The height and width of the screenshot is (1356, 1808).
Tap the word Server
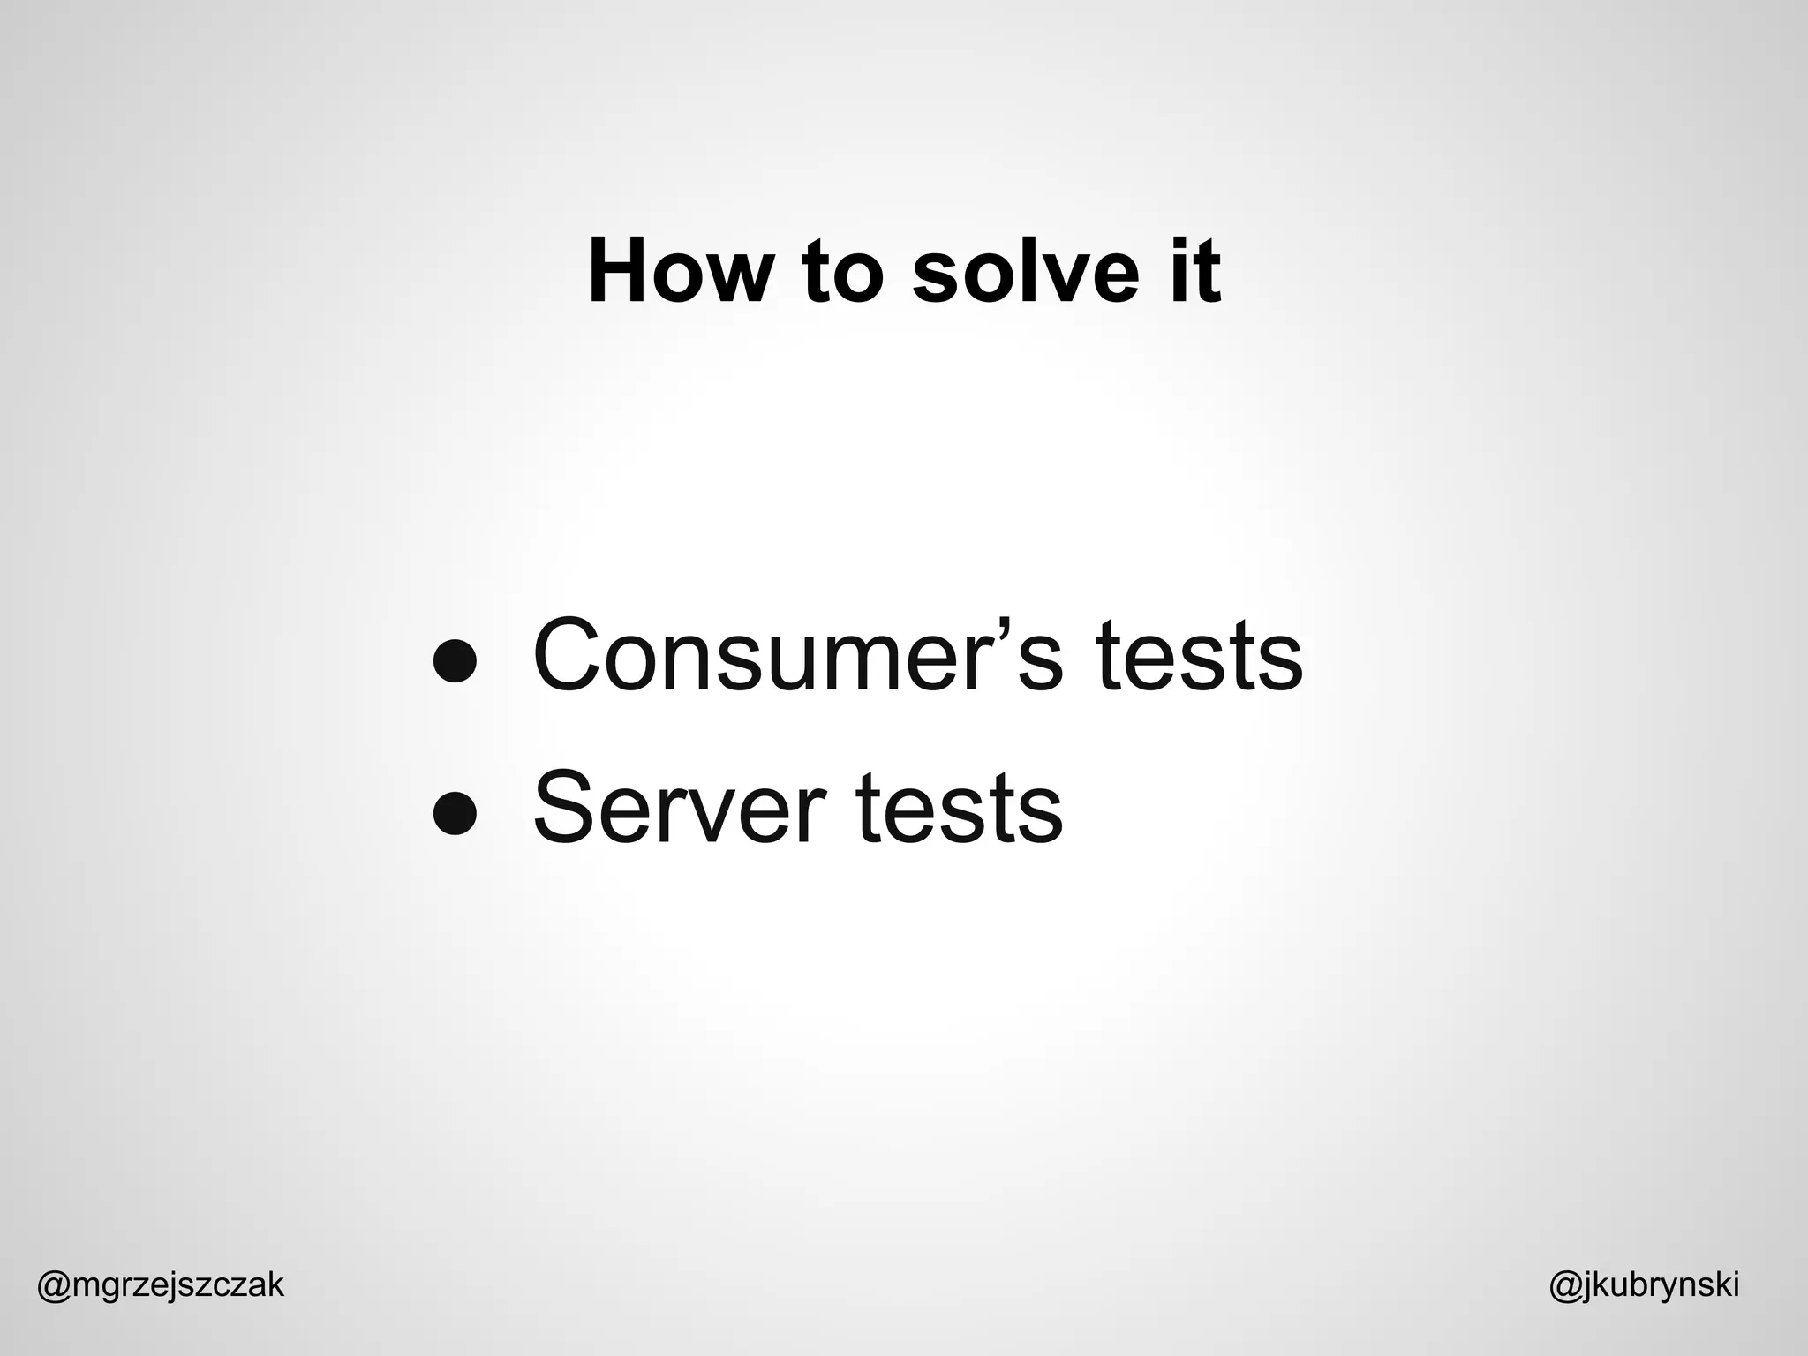click(681, 808)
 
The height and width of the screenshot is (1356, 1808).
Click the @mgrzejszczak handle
click(161, 1285)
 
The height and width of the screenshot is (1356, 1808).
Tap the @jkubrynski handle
click(1644, 1285)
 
